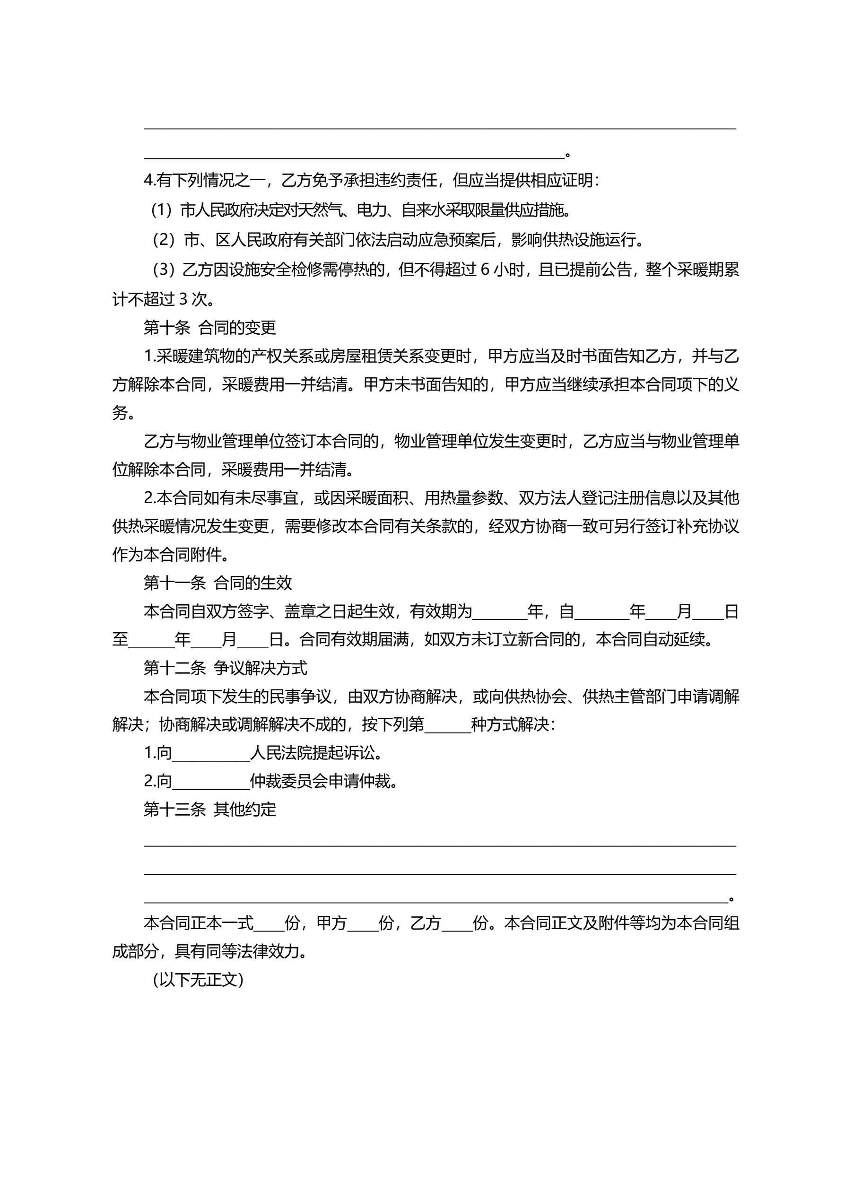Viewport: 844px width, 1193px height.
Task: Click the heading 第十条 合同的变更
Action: point(209,327)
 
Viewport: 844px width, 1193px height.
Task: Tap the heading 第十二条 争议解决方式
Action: point(225,668)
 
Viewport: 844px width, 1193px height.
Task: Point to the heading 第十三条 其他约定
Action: point(209,809)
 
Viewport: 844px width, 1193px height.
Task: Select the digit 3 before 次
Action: point(183,299)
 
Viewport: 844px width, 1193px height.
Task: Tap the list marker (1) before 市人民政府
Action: point(161,210)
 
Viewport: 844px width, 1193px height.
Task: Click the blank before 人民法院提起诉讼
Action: point(210,753)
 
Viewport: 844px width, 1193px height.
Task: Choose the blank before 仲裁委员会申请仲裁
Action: point(210,782)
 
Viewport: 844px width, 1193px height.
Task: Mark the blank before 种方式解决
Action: point(447,725)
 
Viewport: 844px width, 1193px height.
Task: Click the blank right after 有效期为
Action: point(499,612)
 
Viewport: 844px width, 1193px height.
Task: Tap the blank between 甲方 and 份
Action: point(362,923)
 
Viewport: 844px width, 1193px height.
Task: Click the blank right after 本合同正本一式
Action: point(269,923)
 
